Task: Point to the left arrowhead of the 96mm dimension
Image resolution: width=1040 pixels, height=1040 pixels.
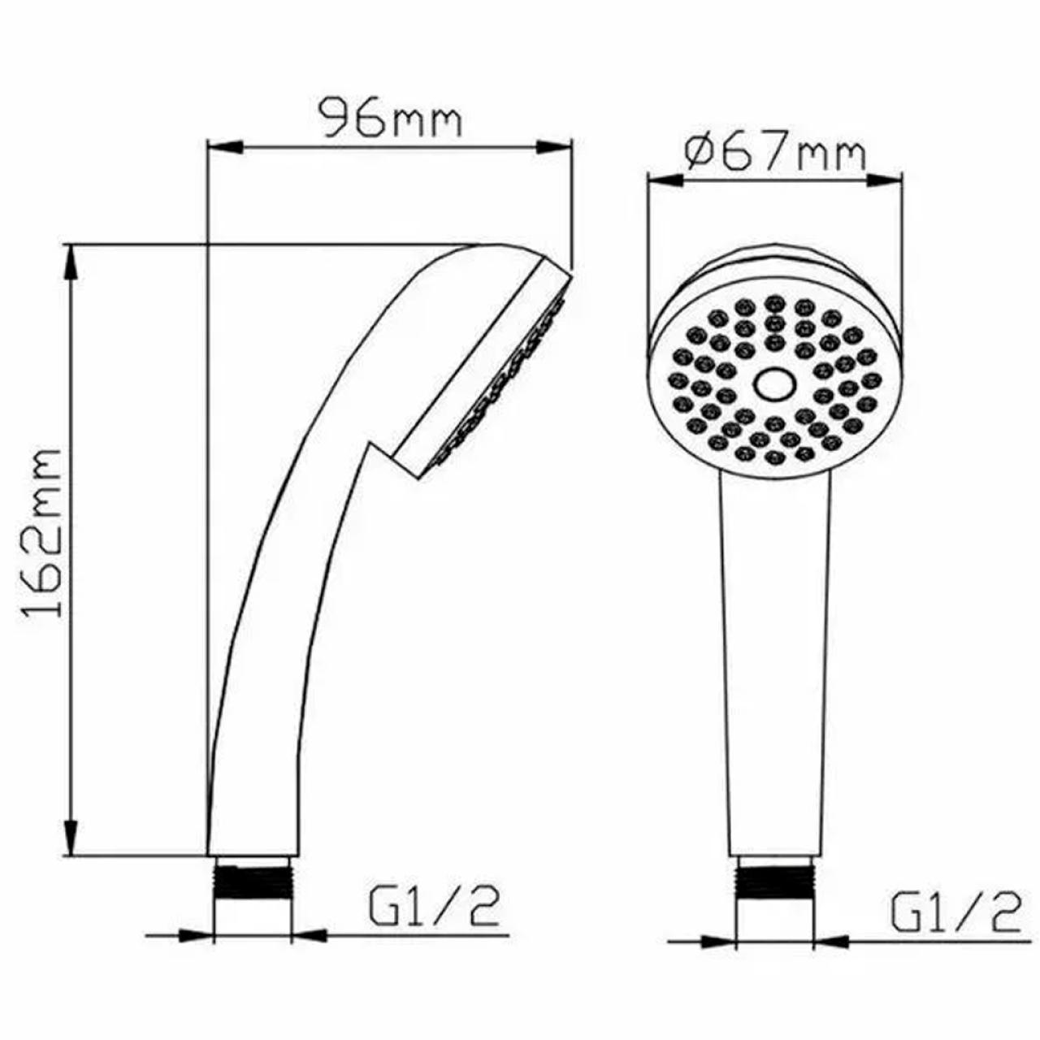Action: (225, 147)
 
